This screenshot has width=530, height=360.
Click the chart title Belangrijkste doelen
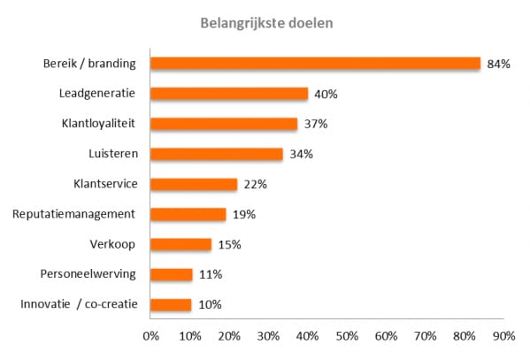click(x=266, y=23)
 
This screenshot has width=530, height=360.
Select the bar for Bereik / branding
click(x=315, y=64)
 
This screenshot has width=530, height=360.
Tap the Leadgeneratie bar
click(x=229, y=94)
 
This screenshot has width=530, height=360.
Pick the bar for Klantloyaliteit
click(x=224, y=124)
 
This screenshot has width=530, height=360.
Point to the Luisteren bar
click(x=217, y=154)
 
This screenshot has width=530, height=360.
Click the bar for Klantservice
click(x=194, y=184)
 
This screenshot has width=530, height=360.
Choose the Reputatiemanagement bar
click(x=188, y=214)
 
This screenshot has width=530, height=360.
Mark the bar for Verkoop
click(x=181, y=244)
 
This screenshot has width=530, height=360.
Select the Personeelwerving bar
click(x=172, y=274)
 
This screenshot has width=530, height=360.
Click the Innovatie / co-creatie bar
click(x=171, y=304)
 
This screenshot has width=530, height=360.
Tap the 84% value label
click(x=498, y=64)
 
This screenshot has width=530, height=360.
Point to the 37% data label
click(x=316, y=124)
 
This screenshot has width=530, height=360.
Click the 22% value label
click(x=256, y=185)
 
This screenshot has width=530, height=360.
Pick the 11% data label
click(x=211, y=274)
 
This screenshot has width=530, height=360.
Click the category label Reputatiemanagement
click(x=73, y=214)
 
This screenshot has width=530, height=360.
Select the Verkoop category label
click(x=112, y=244)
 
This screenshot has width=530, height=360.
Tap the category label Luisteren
click(x=113, y=154)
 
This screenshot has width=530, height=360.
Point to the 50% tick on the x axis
click(x=347, y=336)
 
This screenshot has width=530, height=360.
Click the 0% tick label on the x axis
click(x=150, y=336)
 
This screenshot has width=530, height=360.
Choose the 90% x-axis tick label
click(x=504, y=336)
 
